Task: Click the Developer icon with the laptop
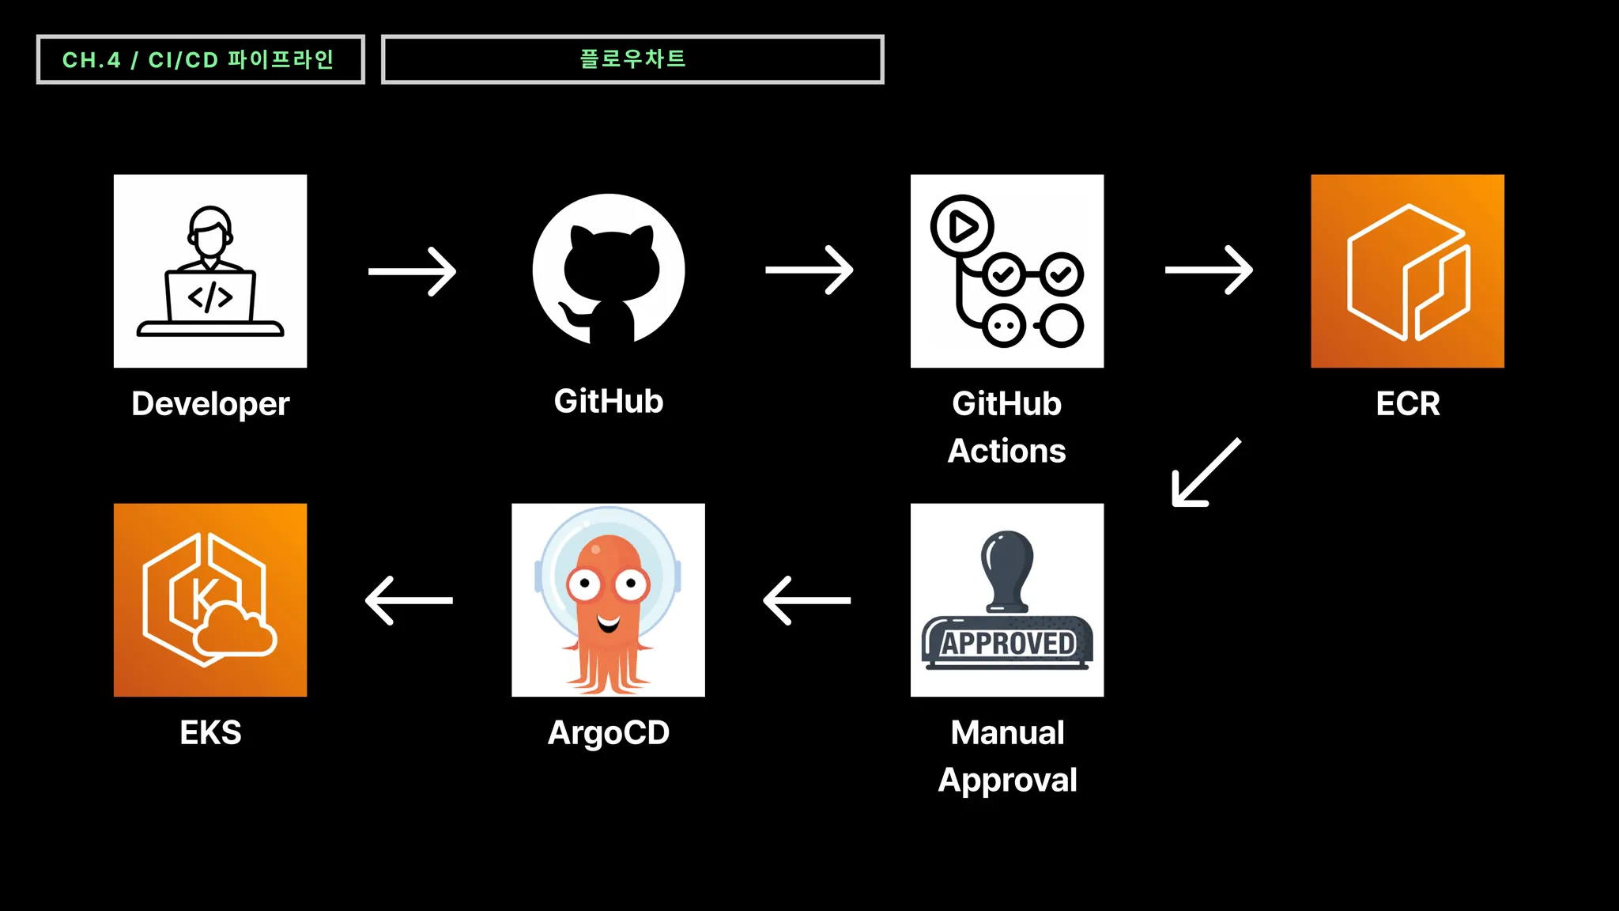(210, 271)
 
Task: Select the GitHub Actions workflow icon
(1007, 271)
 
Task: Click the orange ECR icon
(1407, 271)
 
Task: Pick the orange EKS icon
(210, 600)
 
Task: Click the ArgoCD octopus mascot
(608, 600)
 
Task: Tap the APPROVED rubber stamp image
(1007, 600)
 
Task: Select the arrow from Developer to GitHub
(412, 271)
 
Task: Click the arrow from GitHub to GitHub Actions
(809, 270)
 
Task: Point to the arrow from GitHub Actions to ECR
(1209, 270)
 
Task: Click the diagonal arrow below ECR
(1206, 472)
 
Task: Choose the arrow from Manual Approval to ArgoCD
(807, 600)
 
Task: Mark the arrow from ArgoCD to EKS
(409, 600)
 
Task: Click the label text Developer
(210, 404)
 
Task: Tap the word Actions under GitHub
(1007, 451)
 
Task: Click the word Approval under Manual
(1007, 781)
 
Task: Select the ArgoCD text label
(609, 733)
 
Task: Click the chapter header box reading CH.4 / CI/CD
(201, 59)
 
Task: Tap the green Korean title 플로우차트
(632, 59)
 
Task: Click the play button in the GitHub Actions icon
(962, 227)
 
